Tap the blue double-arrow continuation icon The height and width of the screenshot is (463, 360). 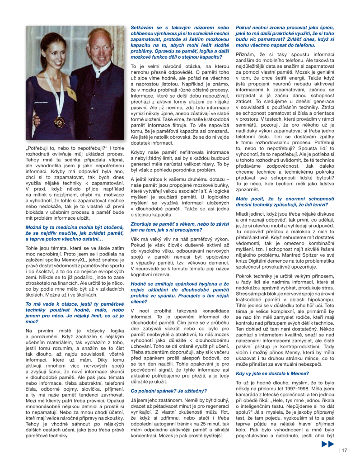(x=327, y=444)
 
